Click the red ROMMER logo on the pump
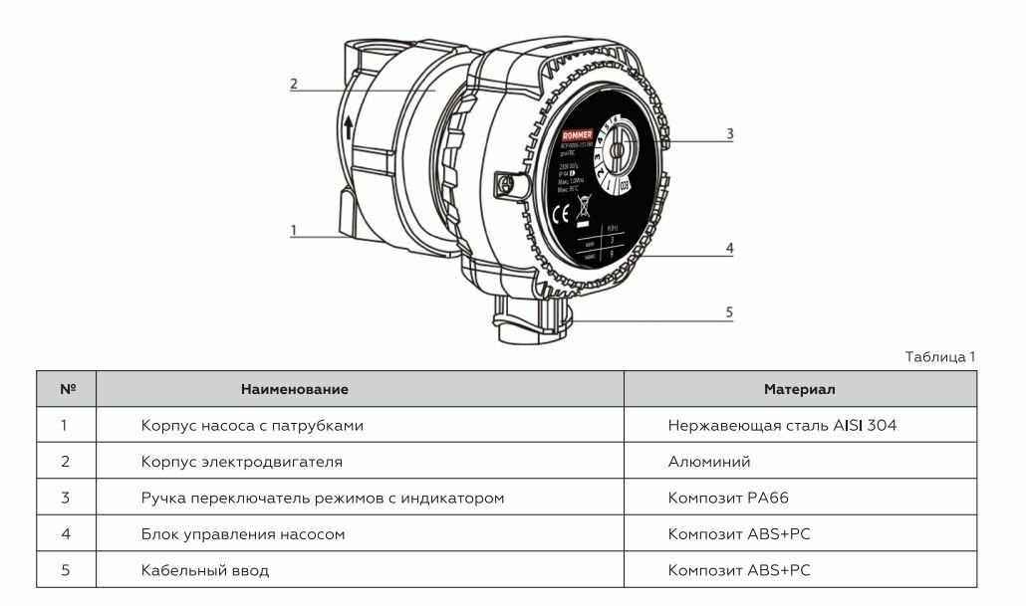coord(578,134)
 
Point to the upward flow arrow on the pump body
coord(349,126)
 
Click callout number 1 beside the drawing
coord(294,230)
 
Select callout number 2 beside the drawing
coord(294,85)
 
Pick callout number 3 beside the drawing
coord(729,132)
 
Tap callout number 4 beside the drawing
coord(729,248)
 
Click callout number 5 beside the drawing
coord(729,312)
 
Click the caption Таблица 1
coord(940,356)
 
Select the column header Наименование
coord(294,389)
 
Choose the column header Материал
coord(799,389)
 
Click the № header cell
coord(68,389)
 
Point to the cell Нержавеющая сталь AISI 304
coord(782,426)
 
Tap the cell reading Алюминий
coord(709,462)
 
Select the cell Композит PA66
coord(728,498)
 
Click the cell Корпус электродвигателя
coord(242,462)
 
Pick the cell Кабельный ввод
coord(205,570)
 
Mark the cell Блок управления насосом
coord(243,534)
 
